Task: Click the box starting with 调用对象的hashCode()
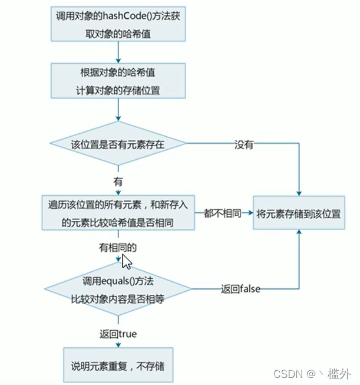coord(118,24)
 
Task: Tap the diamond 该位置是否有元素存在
coord(118,143)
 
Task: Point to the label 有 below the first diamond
coord(118,182)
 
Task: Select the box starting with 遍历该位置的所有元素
coord(118,213)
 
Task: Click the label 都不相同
coord(223,213)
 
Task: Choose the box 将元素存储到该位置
coord(300,213)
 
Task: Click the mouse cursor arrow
coord(125,259)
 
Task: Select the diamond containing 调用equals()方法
coord(118,288)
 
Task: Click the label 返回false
coord(240,289)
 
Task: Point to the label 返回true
coord(118,334)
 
